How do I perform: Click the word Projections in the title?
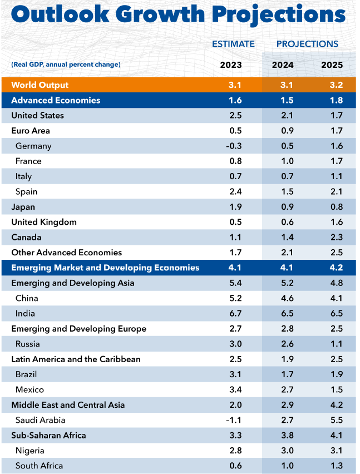274,15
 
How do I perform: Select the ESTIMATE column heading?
233,44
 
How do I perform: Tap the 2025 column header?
332,65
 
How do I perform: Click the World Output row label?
40,85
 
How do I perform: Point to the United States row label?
37,116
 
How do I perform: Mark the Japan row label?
23,207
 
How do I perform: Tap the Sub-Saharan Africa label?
48,435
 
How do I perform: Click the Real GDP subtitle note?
66,65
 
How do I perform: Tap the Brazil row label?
27,374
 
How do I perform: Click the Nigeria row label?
29,451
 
